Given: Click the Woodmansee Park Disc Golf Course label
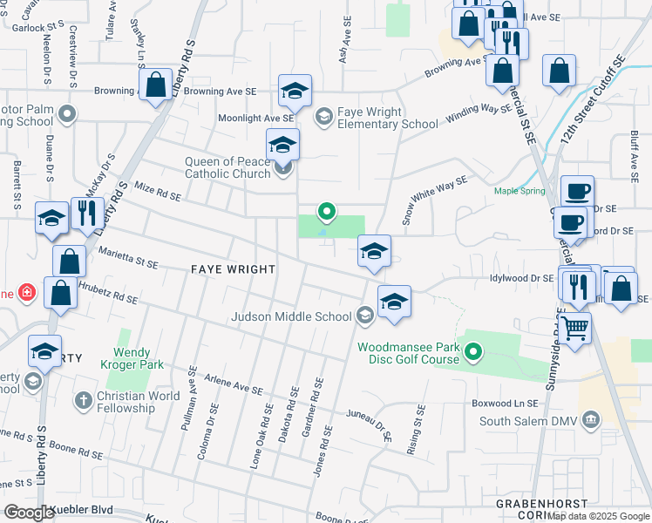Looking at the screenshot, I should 409,353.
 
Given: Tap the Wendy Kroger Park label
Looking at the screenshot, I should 132,359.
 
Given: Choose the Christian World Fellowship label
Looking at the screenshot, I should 139,402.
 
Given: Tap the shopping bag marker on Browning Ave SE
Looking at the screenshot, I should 156,85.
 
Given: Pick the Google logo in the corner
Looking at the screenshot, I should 29,513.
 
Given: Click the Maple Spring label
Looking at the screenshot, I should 519,191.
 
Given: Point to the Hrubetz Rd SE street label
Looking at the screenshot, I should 109,293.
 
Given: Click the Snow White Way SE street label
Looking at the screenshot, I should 434,200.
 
